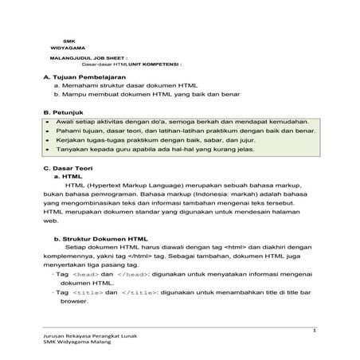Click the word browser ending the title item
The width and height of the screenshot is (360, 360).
(x=74, y=302)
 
